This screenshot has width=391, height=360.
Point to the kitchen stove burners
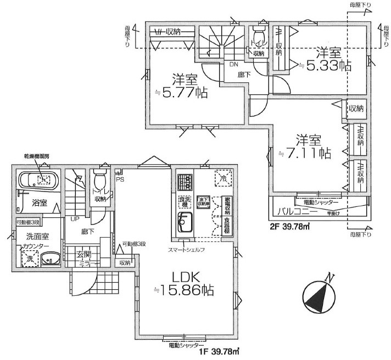pos(184,179)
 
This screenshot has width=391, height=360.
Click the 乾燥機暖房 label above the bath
pos(36,157)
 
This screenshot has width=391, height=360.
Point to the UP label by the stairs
pos(72,218)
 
